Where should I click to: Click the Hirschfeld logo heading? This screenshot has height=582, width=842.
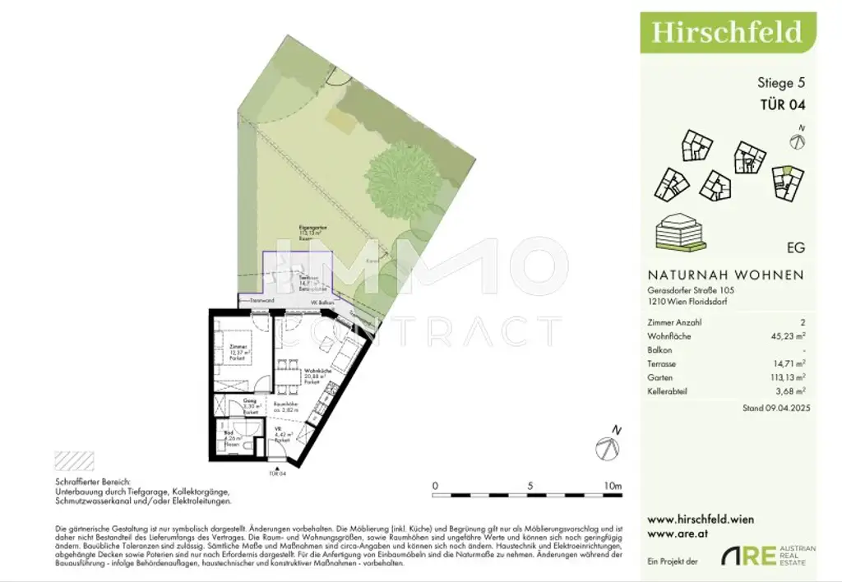pyautogui.click(x=726, y=32)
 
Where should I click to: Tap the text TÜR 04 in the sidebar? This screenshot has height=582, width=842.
pyautogui.click(x=781, y=104)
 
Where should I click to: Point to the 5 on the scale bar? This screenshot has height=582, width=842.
pyautogui.click(x=530, y=486)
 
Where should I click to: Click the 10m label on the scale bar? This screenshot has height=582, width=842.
pyautogui.click(x=612, y=486)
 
